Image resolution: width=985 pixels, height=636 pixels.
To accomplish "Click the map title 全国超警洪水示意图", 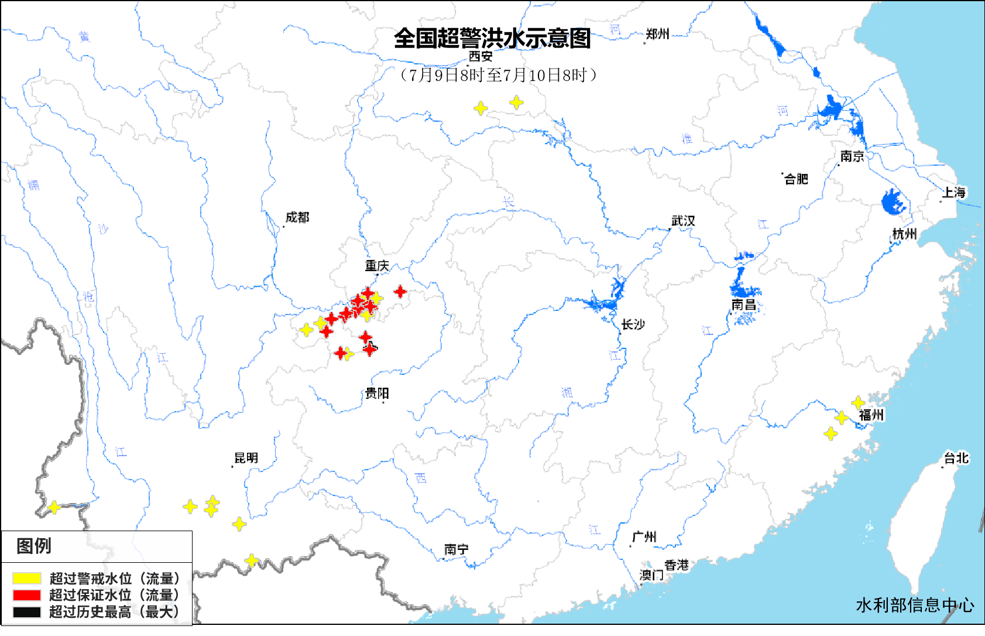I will point(492,39).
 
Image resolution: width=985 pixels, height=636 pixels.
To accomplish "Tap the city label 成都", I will point(297,218).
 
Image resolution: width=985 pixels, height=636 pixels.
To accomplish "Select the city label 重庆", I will point(377,266).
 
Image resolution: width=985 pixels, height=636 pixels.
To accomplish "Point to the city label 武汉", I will point(683,221).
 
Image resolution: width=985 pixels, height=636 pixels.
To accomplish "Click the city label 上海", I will point(953,192).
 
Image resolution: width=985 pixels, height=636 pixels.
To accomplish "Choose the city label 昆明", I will point(246,458).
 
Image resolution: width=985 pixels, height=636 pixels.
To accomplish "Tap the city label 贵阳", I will point(377,394).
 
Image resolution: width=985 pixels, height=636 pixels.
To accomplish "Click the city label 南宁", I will point(456,549).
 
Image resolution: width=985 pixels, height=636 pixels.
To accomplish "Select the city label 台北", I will point(956,458).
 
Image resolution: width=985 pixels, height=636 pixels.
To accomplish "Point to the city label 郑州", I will point(658,34).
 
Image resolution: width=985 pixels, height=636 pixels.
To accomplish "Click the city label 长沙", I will point(633,324).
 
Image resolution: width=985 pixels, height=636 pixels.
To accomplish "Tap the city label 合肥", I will point(796,179).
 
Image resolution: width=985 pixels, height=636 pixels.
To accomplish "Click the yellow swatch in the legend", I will point(27,579).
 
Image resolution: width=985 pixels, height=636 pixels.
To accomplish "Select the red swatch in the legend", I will point(27,595).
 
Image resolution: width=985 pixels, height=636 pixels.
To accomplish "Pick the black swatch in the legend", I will point(27,612).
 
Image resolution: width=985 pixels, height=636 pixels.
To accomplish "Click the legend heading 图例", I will point(34,546).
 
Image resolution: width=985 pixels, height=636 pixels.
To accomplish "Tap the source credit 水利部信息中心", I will point(915,605).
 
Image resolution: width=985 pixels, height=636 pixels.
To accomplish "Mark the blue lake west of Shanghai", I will point(893,201).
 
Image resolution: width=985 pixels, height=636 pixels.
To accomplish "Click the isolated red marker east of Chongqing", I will point(400,291).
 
